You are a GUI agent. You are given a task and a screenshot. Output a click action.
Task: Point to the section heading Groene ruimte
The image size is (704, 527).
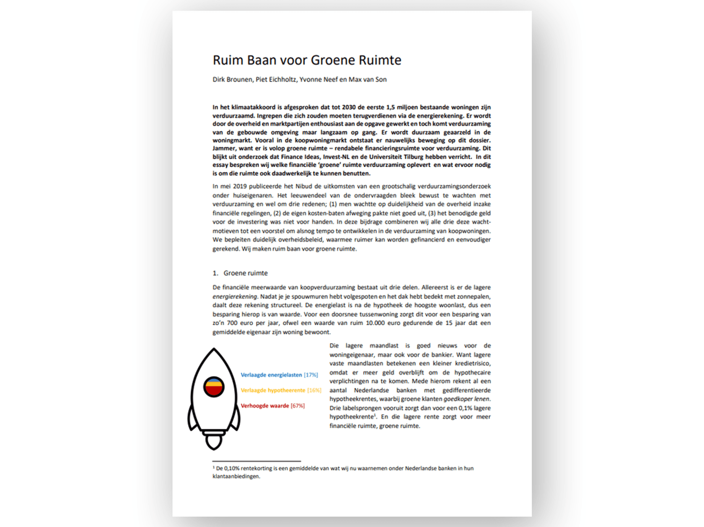(245, 273)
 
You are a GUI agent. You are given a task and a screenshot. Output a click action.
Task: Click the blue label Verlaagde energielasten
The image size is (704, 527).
(271, 375)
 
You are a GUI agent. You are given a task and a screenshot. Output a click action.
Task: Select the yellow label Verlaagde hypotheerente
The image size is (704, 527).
(273, 390)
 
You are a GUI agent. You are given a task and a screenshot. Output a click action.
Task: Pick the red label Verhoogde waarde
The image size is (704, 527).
(265, 406)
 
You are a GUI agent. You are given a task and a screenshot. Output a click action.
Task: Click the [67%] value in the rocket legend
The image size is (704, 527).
(297, 406)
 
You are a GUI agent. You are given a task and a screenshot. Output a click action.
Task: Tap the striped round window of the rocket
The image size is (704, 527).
(214, 387)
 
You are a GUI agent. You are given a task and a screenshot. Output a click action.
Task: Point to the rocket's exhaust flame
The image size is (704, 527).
(214, 443)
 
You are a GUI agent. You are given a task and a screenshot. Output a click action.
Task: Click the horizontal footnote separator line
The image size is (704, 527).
(256, 461)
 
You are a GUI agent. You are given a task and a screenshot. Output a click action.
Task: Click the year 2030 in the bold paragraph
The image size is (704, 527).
(349, 108)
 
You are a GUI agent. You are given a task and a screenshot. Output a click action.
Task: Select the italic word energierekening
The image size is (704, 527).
(235, 297)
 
